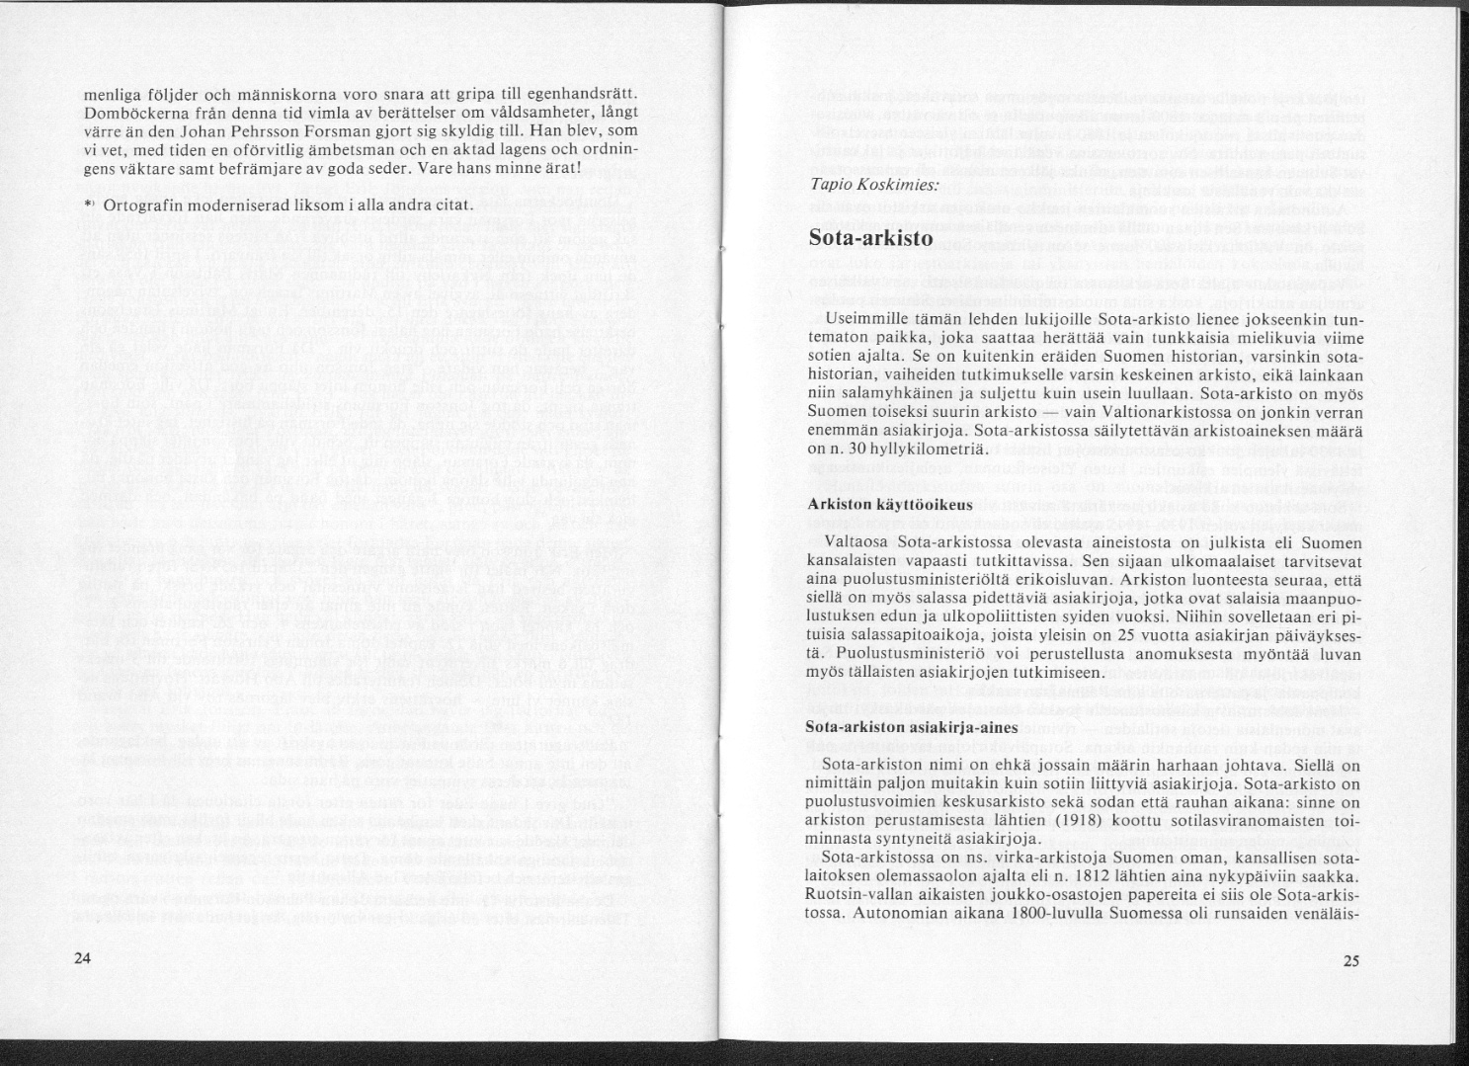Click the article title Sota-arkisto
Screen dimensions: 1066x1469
(870, 238)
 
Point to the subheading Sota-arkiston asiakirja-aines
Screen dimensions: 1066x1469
(897, 726)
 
